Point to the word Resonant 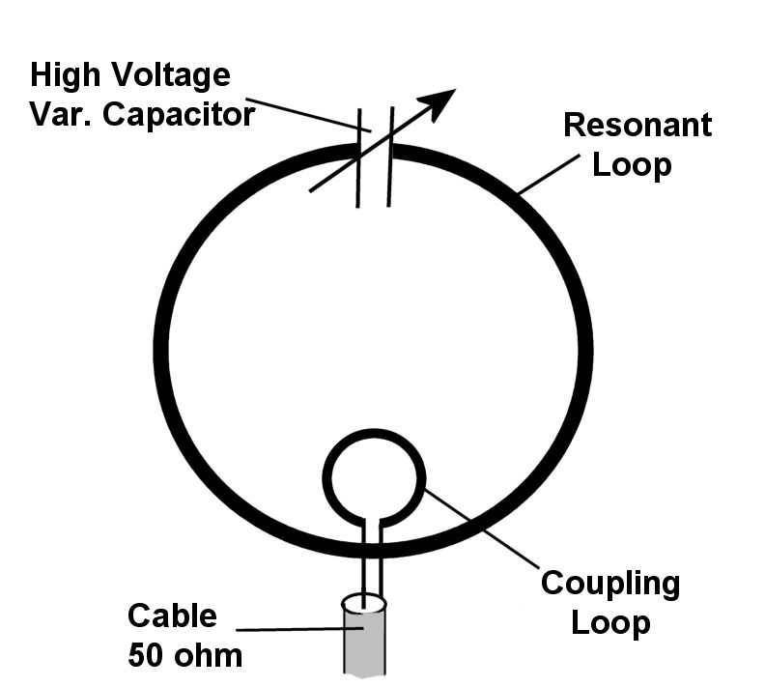[x=637, y=125]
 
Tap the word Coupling [x=610, y=584]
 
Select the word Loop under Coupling [x=610, y=622]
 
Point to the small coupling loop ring [x=327, y=473]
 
